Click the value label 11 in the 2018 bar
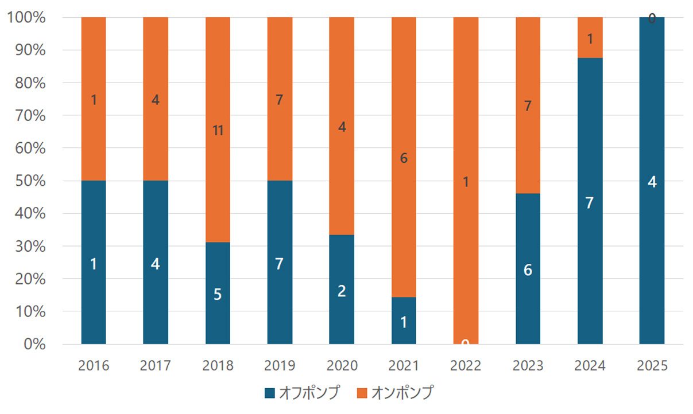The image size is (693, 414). tap(218, 131)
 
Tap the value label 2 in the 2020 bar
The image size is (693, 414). tap(342, 291)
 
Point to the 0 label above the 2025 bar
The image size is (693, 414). tap(652, 19)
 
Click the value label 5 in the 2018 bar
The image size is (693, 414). tap(218, 294)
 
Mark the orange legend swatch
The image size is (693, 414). tap(362, 393)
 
